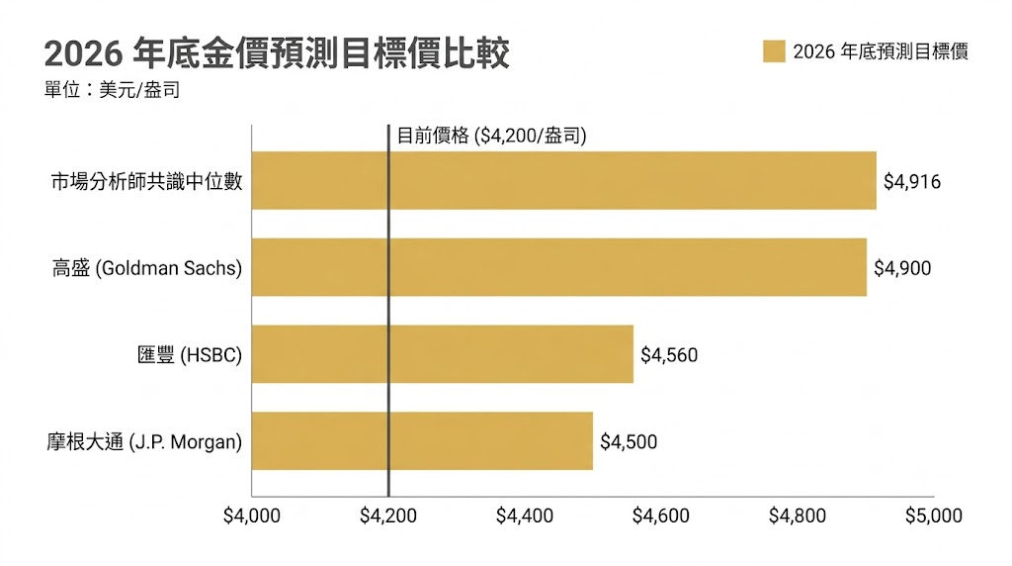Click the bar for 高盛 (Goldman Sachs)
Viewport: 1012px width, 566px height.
click(x=559, y=267)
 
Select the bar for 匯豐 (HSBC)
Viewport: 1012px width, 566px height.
click(x=442, y=354)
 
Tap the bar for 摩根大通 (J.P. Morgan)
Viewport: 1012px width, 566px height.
click(x=422, y=441)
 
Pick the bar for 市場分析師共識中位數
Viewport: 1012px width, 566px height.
click(x=564, y=180)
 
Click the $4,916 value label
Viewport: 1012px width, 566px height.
click(x=912, y=181)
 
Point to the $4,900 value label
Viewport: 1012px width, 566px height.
click(x=902, y=268)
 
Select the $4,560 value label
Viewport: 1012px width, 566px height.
click(x=669, y=354)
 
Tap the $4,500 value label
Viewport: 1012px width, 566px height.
click(x=629, y=442)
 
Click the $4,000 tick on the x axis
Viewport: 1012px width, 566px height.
click(x=252, y=516)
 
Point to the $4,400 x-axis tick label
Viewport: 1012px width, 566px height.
click(x=525, y=516)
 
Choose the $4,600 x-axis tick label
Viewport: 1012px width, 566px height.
click(x=661, y=516)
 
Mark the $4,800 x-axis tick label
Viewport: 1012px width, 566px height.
click(x=798, y=516)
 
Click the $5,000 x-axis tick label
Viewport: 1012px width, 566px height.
click(x=934, y=516)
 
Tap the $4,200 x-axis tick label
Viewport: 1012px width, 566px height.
click(x=387, y=516)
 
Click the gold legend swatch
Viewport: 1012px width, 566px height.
click(x=774, y=51)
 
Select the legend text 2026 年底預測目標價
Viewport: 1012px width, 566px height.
click(x=881, y=51)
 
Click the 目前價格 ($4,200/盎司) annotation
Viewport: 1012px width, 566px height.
click(x=492, y=136)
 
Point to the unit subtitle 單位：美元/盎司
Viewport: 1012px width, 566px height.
click(x=113, y=90)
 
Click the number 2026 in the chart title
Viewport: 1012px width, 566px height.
click(x=83, y=53)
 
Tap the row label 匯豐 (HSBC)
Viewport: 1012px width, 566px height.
click(x=190, y=354)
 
